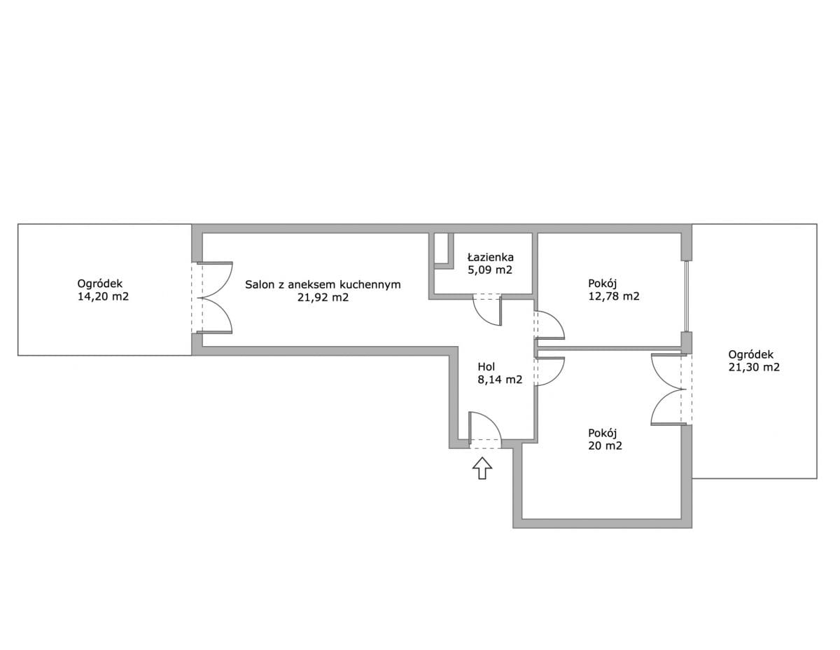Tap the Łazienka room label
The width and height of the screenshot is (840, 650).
coord(491,257)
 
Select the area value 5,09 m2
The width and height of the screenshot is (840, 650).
coord(491,270)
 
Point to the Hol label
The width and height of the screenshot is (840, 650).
coord(486,366)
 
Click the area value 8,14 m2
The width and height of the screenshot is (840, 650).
coord(500,380)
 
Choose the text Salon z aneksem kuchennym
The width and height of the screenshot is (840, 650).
coord(323,284)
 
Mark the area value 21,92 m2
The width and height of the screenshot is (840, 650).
coord(323,298)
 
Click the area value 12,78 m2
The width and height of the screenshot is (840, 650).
coord(614,296)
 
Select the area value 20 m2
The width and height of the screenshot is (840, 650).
coord(605,445)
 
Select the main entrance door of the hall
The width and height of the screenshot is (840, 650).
coord(484,429)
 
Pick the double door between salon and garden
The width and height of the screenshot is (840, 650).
coord(215,298)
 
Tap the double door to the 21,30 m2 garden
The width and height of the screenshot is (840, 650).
coord(668,389)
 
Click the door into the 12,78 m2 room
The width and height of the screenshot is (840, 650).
coord(549,326)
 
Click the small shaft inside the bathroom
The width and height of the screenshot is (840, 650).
coord(441,248)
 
